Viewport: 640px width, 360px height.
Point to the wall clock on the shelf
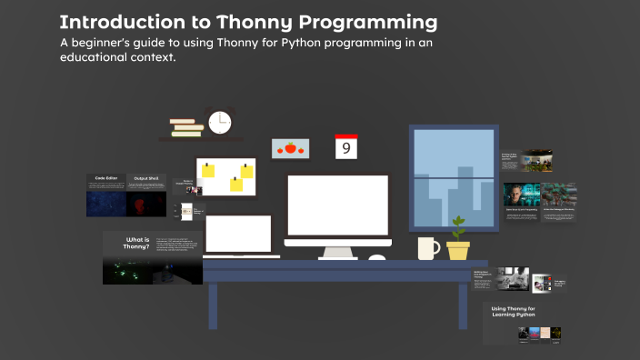click(x=219, y=122)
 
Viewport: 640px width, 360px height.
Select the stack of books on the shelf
click(x=186, y=127)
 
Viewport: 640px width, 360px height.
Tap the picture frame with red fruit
click(x=291, y=147)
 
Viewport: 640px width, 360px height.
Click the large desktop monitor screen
click(x=337, y=205)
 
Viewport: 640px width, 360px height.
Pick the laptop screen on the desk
click(x=238, y=234)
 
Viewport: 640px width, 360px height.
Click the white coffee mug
click(x=428, y=248)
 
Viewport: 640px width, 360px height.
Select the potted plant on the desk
click(x=458, y=239)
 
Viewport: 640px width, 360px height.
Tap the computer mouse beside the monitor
click(x=376, y=258)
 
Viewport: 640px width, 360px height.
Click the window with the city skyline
click(x=452, y=176)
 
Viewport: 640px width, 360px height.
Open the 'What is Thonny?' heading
click(x=135, y=244)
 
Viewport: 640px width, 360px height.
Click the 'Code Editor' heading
click(x=106, y=178)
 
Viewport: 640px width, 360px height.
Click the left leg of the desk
click(x=213, y=305)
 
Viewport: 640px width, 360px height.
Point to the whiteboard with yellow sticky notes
click(x=225, y=177)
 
